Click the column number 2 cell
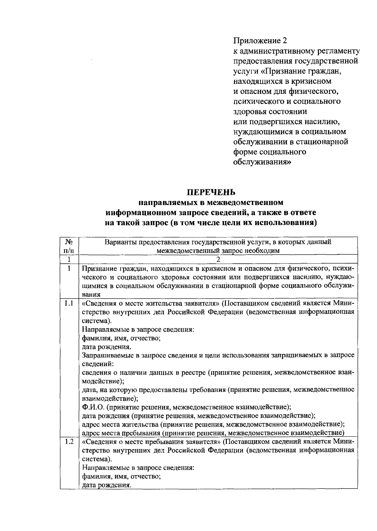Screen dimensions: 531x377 tap(218, 259)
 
